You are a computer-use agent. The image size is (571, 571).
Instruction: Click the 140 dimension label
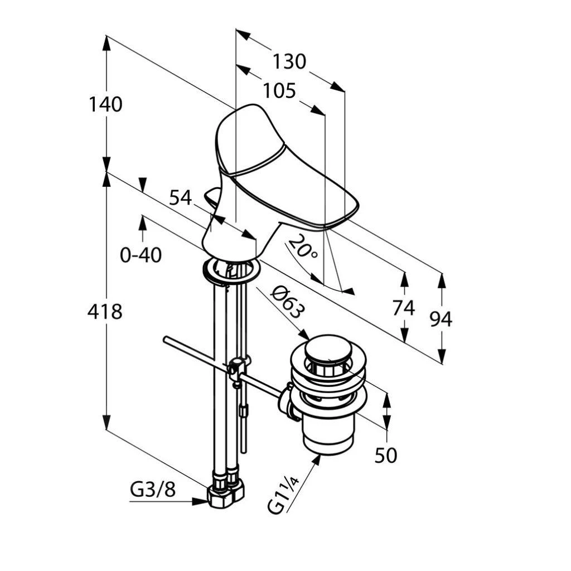(x=105, y=104)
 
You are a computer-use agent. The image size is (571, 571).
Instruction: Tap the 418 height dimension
(x=105, y=312)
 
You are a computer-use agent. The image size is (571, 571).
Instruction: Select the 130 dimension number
(x=289, y=61)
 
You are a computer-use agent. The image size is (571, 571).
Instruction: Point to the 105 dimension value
(x=279, y=91)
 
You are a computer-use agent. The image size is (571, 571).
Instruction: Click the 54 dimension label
(x=180, y=197)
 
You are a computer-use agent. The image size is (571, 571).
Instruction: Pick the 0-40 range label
(x=141, y=255)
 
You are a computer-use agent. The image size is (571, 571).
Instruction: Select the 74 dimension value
(x=404, y=307)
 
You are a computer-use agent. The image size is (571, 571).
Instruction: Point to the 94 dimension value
(x=441, y=319)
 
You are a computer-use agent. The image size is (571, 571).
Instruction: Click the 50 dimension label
(x=386, y=456)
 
